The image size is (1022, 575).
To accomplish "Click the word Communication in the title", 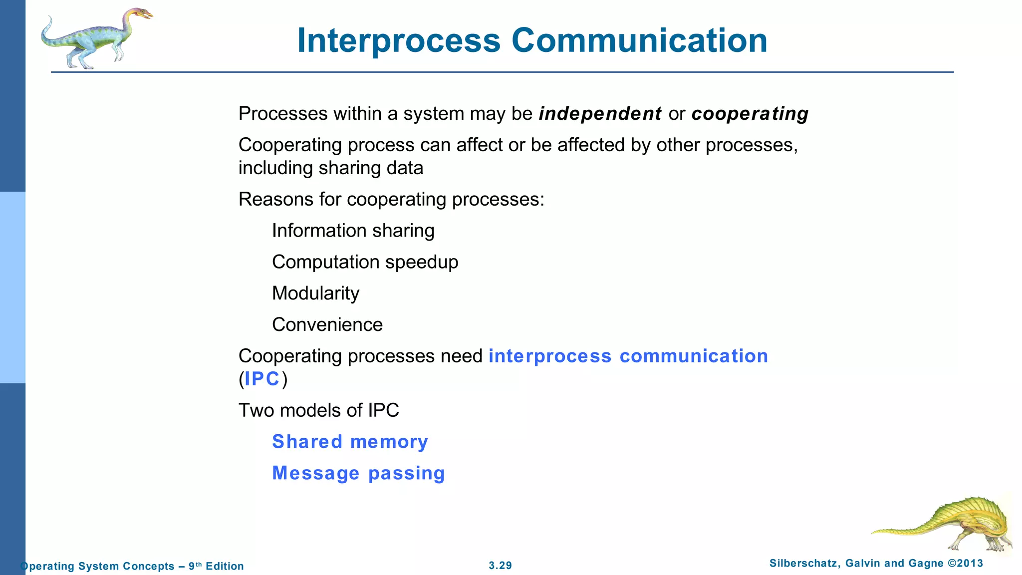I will pyautogui.click(x=639, y=41).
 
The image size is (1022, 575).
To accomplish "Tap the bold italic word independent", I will pyautogui.click(x=600, y=114).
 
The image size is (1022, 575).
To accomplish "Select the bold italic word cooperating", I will pyautogui.click(x=750, y=114).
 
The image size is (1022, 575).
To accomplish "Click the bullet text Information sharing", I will pyautogui.click(x=353, y=231).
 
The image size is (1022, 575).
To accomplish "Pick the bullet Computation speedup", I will pyautogui.click(x=365, y=262).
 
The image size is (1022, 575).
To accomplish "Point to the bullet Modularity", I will pyautogui.click(x=315, y=293).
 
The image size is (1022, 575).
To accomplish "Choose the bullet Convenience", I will pyautogui.click(x=327, y=325).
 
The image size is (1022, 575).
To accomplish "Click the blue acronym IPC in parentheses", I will pyautogui.click(x=262, y=379).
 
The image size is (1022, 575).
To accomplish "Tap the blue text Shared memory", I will pyautogui.click(x=350, y=442).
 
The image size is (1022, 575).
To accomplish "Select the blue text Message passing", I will pyautogui.click(x=358, y=473).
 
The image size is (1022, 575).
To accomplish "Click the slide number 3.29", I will pyautogui.click(x=500, y=566).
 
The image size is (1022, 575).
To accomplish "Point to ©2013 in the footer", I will pyautogui.click(x=965, y=564).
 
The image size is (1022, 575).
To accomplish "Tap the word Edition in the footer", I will pyautogui.click(x=225, y=566).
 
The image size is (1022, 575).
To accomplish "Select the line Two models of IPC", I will pyautogui.click(x=318, y=410).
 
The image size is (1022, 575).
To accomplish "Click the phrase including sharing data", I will pyautogui.click(x=330, y=168).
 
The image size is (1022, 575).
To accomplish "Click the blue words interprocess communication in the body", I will pyautogui.click(x=628, y=356).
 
